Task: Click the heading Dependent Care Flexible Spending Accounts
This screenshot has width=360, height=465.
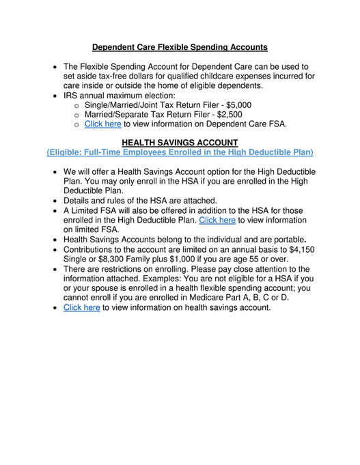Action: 180,48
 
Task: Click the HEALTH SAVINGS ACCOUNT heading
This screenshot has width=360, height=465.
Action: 180,142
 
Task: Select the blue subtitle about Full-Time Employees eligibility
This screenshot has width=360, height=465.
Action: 180,152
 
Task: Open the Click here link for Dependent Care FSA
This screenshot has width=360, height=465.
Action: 102,124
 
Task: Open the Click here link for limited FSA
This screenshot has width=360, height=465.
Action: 217,221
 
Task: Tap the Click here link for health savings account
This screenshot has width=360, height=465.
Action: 81,307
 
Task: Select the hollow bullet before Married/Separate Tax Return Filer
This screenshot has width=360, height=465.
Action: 77,115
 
